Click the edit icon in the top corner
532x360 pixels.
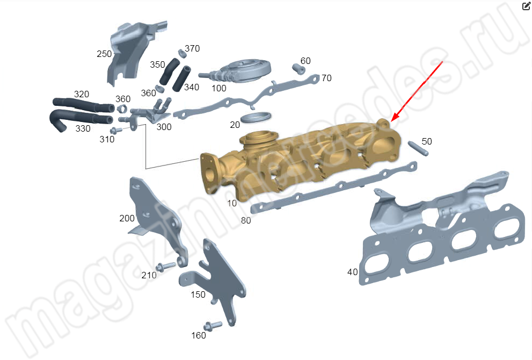[526, 6]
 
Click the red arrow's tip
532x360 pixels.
[391, 121]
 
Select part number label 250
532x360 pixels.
[104, 54]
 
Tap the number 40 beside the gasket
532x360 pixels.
[353, 272]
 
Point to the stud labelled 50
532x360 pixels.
[418, 148]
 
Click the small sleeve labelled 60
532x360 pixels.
[298, 69]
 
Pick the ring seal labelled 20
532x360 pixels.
[256, 117]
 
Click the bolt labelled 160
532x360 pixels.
[213, 326]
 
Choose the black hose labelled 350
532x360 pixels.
[169, 71]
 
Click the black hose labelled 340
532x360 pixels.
[181, 79]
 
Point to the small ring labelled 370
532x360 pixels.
[182, 53]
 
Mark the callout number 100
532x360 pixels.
[219, 88]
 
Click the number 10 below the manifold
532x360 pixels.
[232, 204]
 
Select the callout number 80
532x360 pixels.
[246, 220]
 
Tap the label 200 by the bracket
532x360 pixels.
[127, 218]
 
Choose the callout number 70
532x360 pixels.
[326, 78]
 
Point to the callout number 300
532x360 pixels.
[164, 127]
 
